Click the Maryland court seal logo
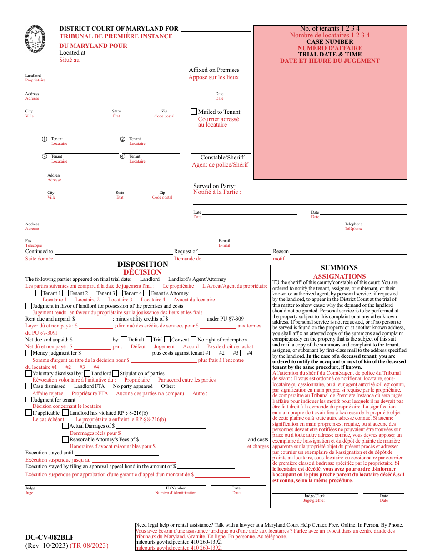36,40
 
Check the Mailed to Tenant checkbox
194,112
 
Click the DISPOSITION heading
143,265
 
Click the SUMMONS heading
339,268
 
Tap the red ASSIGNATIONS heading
339,276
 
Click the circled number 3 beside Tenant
45,157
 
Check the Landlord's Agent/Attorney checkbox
164,279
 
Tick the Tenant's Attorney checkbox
146,293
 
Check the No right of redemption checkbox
194,340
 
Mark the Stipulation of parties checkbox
116,373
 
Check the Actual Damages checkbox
65,426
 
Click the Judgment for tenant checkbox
29,400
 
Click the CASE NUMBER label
330,41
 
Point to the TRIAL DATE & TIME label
330,54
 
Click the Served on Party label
215,186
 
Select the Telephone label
353,224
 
